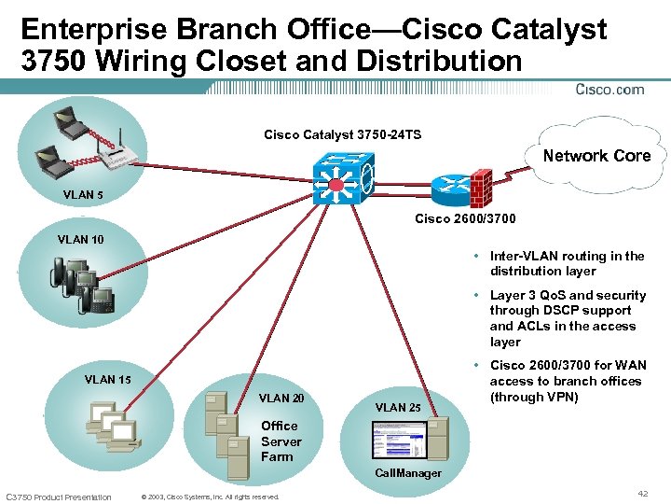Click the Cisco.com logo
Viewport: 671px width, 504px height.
[610, 90]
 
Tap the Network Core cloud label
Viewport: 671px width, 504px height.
[596, 156]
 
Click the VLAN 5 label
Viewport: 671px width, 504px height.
[84, 195]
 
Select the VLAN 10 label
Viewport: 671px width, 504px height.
[81, 239]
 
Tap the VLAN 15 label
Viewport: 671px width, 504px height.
[107, 379]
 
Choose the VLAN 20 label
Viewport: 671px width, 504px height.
[281, 398]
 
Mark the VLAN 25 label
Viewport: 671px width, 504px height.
[398, 407]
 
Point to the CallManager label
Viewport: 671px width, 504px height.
[408, 473]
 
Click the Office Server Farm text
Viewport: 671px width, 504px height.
[281, 441]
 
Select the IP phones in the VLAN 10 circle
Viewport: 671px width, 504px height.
[84, 285]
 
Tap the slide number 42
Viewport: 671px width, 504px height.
[642, 492]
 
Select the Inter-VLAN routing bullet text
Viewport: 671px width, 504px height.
[567, 263]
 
